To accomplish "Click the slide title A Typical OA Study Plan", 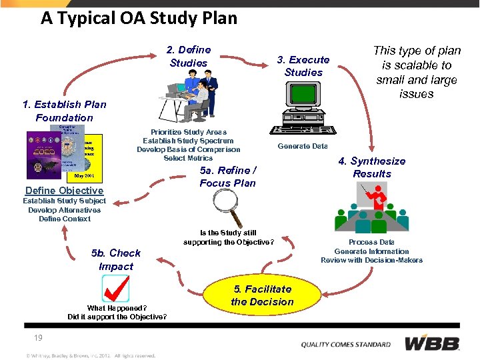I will click(139, 18).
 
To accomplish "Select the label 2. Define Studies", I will click(189, 57).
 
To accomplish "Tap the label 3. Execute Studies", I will click(303, 66).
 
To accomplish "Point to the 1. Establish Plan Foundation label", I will click(64, 111).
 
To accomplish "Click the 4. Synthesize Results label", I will click(372, 167).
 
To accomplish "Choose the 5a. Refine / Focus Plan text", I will click(227, 177).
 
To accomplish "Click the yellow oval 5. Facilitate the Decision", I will click(262, 295).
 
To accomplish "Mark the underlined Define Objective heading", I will click(64, 191).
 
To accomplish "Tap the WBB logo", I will click(432, 343).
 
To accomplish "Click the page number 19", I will click(39, 338).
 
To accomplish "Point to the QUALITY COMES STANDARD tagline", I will click(346, 345).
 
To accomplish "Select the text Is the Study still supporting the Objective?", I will click(228, 237).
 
